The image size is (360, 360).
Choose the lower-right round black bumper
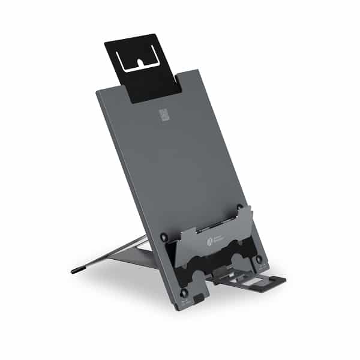pos(259,259)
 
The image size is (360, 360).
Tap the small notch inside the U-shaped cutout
pos(142,62)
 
